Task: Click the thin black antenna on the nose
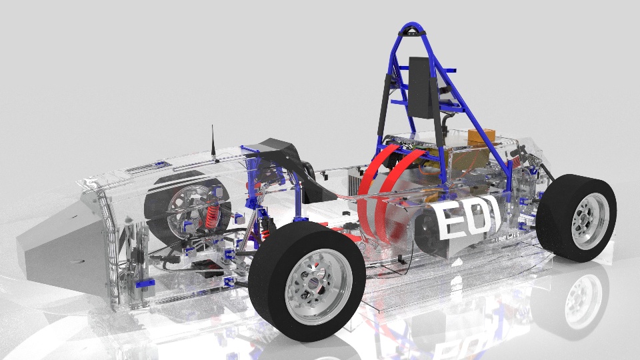pyautogui.click(x=213, y=142)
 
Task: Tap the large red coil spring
pyautogui.click(x=213, y=215)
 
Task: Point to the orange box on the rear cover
pyautogui.click(x=481, y=137)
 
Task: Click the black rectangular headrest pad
pyautogui.click(x=422, y=87)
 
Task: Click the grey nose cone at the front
pyautogui.click(x=61, y=244)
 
